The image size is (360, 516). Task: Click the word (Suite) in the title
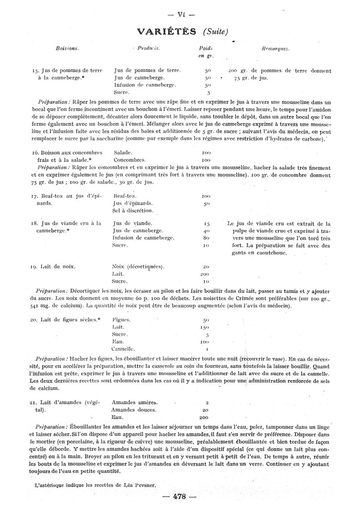coord(216,32)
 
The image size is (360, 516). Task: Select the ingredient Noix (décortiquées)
coord(138,266)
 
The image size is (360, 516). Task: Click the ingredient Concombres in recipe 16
coord(130,160)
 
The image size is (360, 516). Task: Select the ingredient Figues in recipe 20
coord(121,320)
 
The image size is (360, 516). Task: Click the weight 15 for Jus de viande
coord(207,223)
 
